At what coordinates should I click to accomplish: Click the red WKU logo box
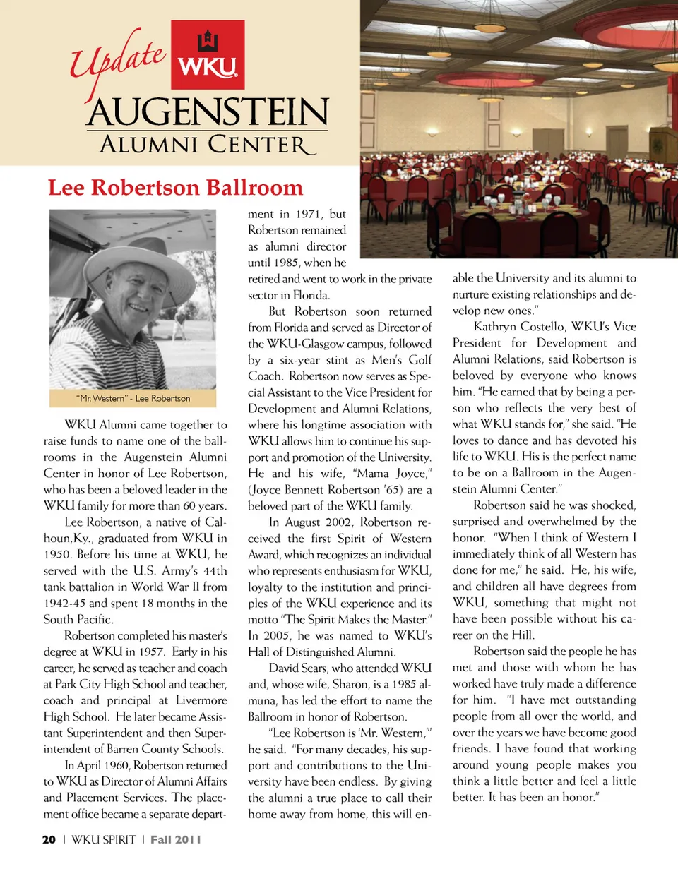(x=208, y=55)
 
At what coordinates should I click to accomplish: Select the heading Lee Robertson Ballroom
(x=175, y=188)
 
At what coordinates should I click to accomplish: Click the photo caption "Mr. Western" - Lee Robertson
(x=133, y=398)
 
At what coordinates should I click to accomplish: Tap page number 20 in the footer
(x=49, y=839)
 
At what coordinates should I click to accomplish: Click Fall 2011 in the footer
(x=175, y=839)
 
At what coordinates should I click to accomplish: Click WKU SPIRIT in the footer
(x=103, y=839)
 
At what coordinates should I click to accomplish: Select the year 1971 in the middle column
(x=308, y=214)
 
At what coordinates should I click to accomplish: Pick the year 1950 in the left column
(x=57, y=554)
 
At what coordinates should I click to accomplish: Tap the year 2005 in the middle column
(x=276, y=635)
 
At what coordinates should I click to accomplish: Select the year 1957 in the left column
(x=146, y=652)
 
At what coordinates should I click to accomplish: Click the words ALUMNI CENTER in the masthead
(x=207, y=145)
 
